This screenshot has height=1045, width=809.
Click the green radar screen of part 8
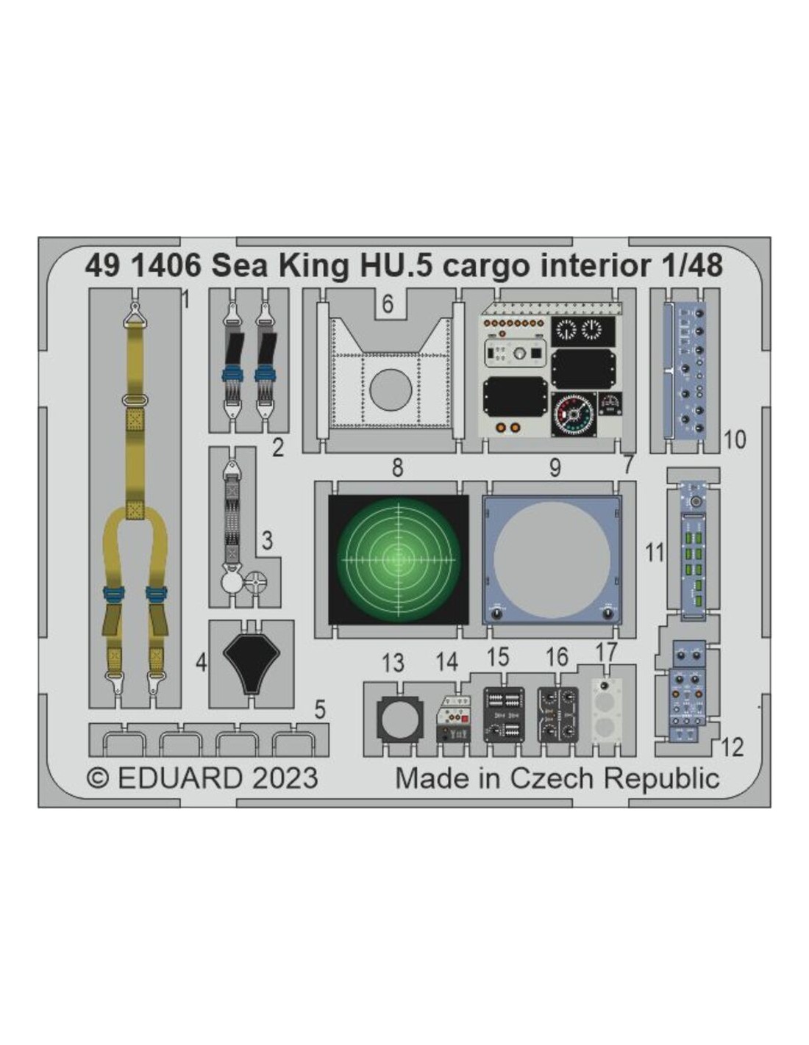[398, 559]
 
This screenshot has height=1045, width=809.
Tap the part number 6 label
[388, 304]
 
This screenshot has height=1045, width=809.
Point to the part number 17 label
[605, 653]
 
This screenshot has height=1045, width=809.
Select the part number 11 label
[655, 553]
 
